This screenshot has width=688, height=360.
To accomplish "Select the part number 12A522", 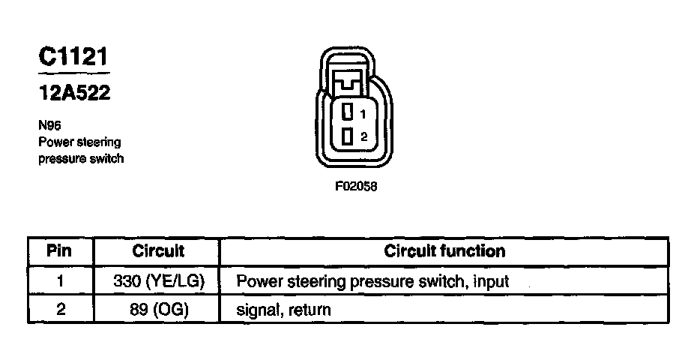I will pyautogui.click(x=74, y=94).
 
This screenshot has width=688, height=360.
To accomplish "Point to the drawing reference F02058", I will pyautogui.click(x=355, y=187).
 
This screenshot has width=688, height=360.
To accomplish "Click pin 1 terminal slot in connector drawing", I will pyautogui.click(x=347, y=113).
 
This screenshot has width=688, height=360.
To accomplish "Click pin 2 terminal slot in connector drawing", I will pyautogui.click(x=347, y=136).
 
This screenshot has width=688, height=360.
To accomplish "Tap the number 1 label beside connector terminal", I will pyautogui.click(x=363, y=114).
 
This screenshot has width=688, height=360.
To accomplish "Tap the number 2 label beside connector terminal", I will pyautogui.click(x=363, y=137).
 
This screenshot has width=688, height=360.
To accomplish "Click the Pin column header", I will pyautogui.click(x=59, y=250).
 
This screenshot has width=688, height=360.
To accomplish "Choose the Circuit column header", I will pyautogui.click(x=158, y=250).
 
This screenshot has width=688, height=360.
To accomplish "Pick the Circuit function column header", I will pyautogui.click(x=444, y=250).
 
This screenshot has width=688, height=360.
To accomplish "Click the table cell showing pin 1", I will pyautogui.click(x=59, y=281).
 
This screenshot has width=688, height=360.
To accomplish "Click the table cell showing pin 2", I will pyautogui.click(x=59, y=308).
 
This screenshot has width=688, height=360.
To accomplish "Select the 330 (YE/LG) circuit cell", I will pyautogui.click(x=158, y=281).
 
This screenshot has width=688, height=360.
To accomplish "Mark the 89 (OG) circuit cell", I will pyautogui.click(x=158, y=308).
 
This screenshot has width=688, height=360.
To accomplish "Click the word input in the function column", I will pyautogui.click(x=492, y=282).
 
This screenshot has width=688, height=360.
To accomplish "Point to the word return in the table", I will pyautogui.click(x=309, y=309).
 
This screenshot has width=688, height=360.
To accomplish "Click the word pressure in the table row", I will pyautogui.click(x=384, y=282).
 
